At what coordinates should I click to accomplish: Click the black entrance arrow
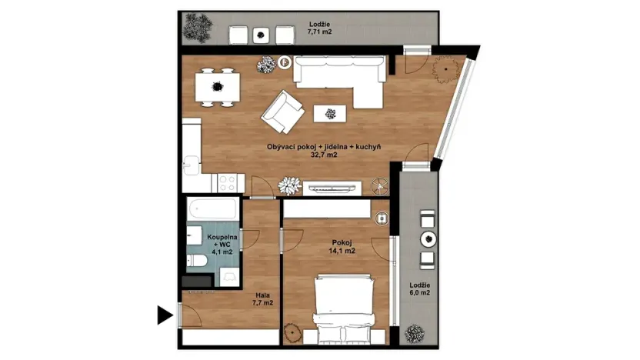pos(163,314)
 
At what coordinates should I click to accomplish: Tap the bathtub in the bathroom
pos(212,209)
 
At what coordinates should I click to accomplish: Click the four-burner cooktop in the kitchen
pos(228,182)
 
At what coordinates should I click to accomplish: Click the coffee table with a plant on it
pos(330,114)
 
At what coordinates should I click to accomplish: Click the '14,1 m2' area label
pos(338,251)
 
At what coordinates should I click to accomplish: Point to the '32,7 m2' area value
pos(324,155)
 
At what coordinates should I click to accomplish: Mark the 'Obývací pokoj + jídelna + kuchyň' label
pos(324,146)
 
